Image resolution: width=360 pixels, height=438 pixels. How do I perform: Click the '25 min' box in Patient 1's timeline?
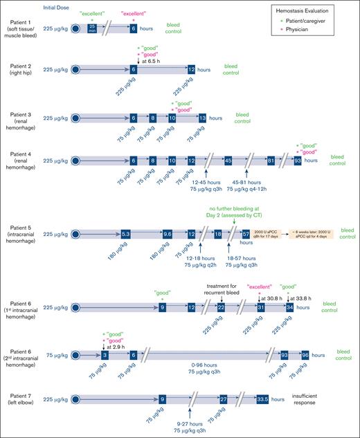[x=92, y=29]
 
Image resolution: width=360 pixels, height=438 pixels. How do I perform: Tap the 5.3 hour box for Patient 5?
[x=125, y=235]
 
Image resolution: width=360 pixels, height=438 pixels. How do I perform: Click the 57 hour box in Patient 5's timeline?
[x=246, y=235]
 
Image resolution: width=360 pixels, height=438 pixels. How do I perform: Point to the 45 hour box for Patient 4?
[x=228, y=161]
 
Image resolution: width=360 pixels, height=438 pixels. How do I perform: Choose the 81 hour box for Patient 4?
[x=271, y=161]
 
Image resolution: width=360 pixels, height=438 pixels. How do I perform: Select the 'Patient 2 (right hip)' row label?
[x=24, y=69]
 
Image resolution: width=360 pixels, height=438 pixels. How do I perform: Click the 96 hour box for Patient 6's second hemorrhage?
[x=305, y=354]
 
